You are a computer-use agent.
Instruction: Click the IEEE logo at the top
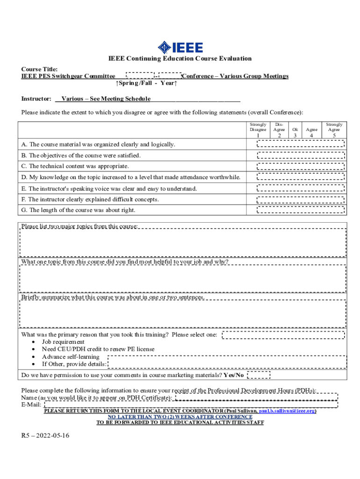pyautogui.click(x=180, y=47)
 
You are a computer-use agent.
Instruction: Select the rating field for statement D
pyautogui.click(x=302, y=177)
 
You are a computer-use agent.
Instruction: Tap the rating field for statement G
pyautogui.click(x=302, y=210)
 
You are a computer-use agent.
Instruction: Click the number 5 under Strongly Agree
pyautogui.click(x=334, y=135)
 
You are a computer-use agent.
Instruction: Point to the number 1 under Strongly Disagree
pyautogui.click(x=258, y=135)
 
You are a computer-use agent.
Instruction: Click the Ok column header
pyautogui.click(x=295, y=130)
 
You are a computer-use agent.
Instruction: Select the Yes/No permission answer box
pyautogui.click(x=258, y=375)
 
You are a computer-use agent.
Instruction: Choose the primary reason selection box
pyautogui.click(x=283, y=334)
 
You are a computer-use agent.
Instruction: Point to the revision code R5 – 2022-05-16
pyautogui.click(x=45, y=435)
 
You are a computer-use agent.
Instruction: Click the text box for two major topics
pyautogui.click(x=183, y=242)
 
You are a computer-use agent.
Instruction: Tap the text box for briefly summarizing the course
pyautogui.click(x=183, y=313)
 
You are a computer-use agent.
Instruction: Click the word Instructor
pyautogui.click(x=36, y=99)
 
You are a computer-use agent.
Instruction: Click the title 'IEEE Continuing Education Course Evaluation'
pyautogui.click(x=180, y=58)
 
